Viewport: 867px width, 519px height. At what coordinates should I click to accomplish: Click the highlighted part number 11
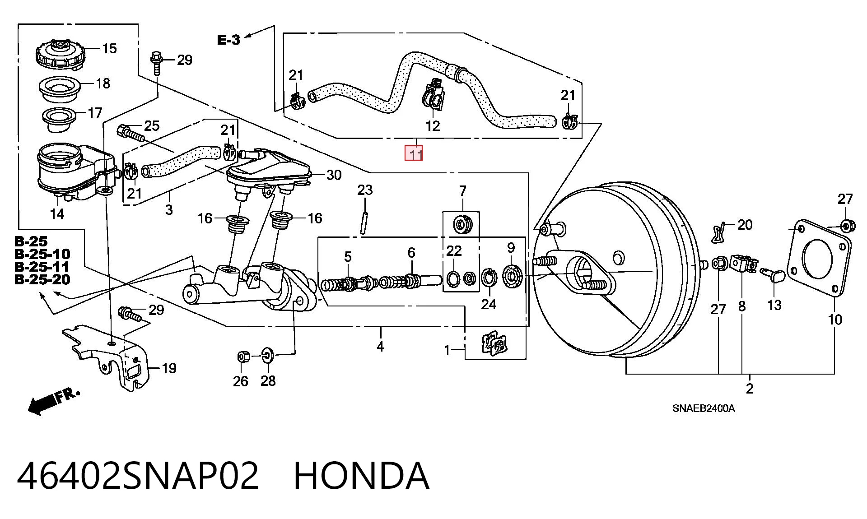click(414, 153)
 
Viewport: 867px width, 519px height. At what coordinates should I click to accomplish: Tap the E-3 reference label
click(229, 40)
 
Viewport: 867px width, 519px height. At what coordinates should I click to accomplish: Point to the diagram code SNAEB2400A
click(704, 409)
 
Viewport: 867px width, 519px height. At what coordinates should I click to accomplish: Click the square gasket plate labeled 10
click(819, 258)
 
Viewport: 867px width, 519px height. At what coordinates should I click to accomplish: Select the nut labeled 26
click(242, 357)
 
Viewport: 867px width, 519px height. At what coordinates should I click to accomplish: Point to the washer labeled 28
click(267, 356)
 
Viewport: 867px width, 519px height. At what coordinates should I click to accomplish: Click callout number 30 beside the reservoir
click(334, 175)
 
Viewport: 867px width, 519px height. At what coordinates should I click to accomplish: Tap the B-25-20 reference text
click(42, 280)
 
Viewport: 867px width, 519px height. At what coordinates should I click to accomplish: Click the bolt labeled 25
click(131, 133)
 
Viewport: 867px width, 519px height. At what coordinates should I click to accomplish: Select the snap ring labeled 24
click(488, 277)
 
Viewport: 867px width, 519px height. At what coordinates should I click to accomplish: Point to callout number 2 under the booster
click(750, 389)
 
